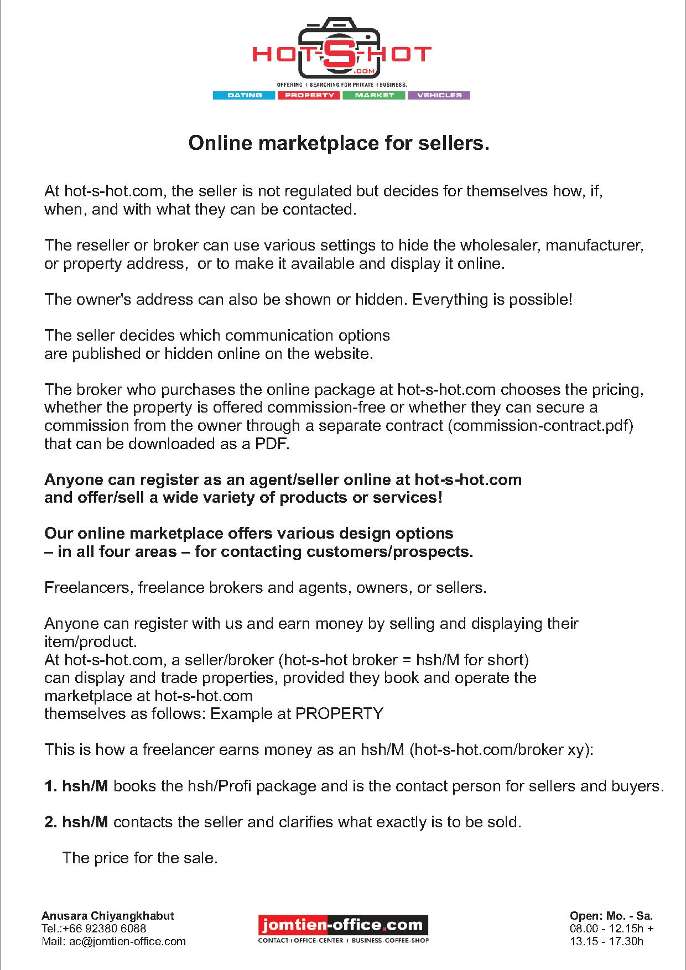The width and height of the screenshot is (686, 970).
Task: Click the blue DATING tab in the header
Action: click(x=244, y=95)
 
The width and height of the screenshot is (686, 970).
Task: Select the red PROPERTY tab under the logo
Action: click(x=309, y=95)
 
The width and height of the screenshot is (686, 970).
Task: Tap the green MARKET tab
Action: click(x=375, y=95)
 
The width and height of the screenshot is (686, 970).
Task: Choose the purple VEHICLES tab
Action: click(x=439, y=95)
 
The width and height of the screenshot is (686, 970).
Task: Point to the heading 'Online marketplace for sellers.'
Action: click(x=339, y=144)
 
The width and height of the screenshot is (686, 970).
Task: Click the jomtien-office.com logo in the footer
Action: click(x=343, y=924)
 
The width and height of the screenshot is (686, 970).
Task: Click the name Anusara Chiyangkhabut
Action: click(x=108, y=916)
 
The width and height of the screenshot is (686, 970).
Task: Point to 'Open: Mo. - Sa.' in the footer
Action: click(x=611, y=916)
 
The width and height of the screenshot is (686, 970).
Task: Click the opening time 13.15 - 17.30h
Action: click(x=606, y=941)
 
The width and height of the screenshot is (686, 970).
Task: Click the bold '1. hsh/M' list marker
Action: click(x=76, y=786)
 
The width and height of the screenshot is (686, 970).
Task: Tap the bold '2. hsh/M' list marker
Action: click(x=76, y=822)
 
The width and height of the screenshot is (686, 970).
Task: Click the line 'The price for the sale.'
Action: click(x=140, y=858)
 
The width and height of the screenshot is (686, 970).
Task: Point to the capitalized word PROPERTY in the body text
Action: click(x=339, y=713)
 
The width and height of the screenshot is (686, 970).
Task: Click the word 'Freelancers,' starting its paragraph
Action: click(x=89, y=587)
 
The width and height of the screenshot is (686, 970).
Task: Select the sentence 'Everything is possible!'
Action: click(x=492, y=300)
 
